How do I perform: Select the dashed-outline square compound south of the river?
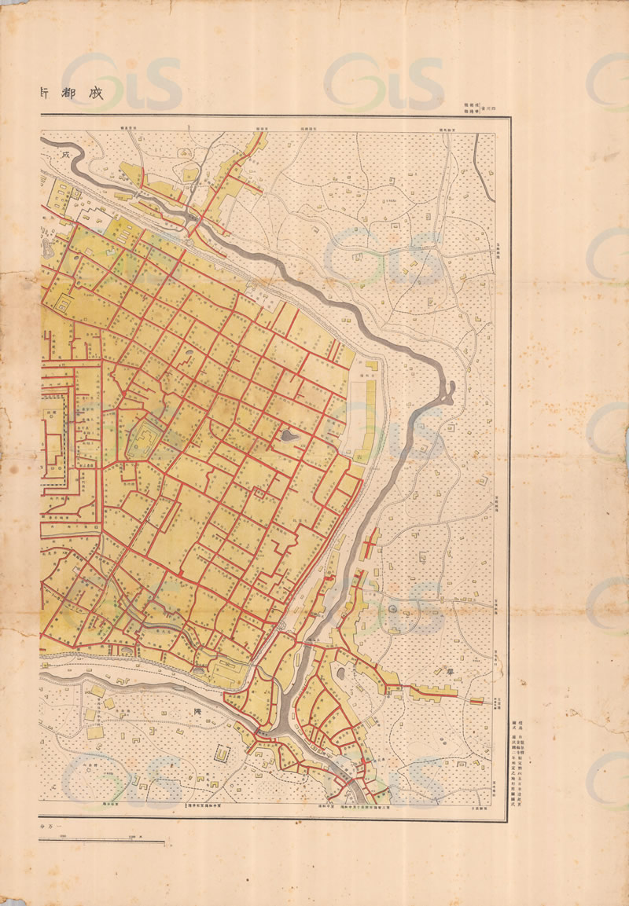pos(223,754)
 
